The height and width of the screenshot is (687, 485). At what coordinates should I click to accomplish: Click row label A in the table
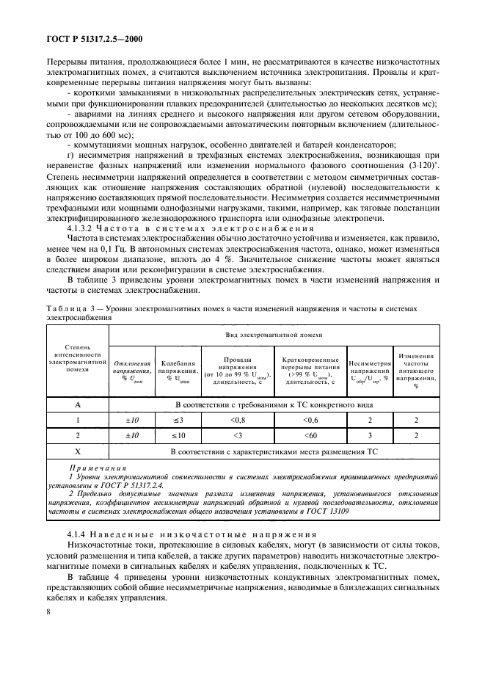tap(77, 403)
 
